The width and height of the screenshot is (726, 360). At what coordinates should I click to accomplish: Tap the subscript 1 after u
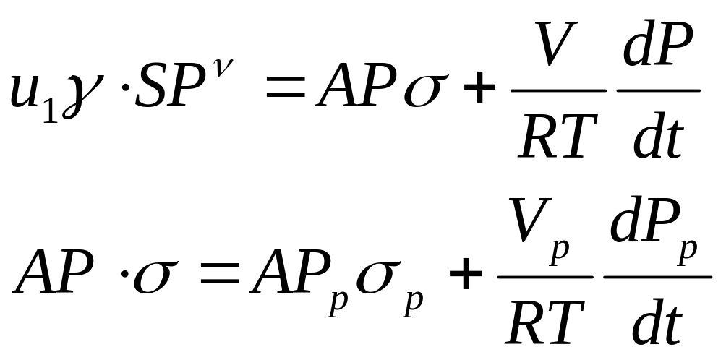pyautogui.click(x=48, y=111)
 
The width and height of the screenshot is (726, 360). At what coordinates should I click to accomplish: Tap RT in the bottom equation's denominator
pyautogui.click(x=546, y=322)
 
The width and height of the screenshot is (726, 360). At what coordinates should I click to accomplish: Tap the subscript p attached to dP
pyautogui.click(x=688, y=250)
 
